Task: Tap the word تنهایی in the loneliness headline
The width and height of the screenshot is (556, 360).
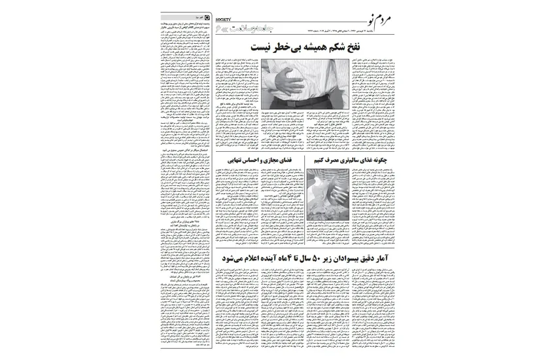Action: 237,159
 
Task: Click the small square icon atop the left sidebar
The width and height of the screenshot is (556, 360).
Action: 207,14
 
